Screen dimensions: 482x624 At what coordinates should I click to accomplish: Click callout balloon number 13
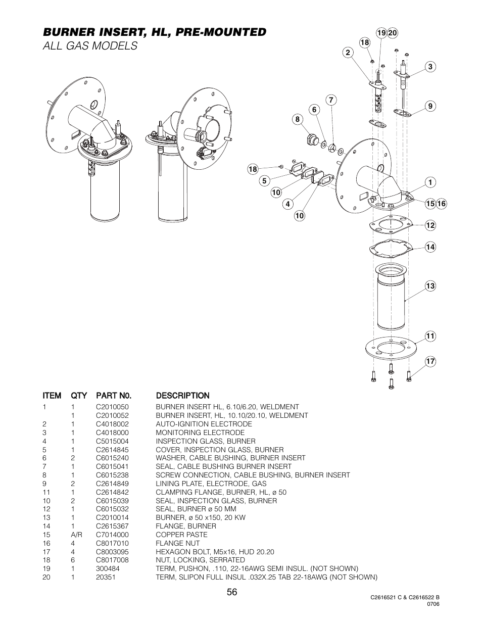tap(430, 286)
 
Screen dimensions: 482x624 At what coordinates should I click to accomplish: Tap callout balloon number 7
tap(331, 100)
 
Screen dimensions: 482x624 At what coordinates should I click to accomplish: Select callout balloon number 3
tap(430, 67)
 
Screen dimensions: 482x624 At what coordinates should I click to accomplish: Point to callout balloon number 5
tap(264, 181)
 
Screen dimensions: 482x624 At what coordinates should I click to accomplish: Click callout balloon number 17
tap(430, 361)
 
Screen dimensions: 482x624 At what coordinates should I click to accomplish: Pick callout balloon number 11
tap(430, 336)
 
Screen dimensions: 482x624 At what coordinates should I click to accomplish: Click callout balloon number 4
tap(287, 204)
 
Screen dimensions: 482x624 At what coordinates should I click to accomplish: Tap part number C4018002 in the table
tap(112, 424)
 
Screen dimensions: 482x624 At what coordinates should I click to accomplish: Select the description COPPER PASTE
tap(181, 535)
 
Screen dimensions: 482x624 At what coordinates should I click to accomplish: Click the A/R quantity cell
tap(77, 535)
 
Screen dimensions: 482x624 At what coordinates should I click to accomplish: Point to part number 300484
tap(108, 568)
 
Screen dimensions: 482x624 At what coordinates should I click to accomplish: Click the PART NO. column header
tap(114, 396)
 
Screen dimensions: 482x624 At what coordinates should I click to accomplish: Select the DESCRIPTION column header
tap(182, 396)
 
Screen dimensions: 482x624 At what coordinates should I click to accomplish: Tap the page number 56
tap(232, 592)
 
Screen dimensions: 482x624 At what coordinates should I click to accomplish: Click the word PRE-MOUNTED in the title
tap(221, 32)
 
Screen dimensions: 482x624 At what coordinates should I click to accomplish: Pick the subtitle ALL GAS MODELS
tap(90, 46)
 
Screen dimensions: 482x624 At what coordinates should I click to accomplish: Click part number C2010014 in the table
tap(112, 517)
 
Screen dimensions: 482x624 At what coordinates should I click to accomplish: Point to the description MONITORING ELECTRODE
tap(200, 433)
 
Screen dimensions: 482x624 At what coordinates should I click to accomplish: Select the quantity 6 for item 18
tap(73, 560)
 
